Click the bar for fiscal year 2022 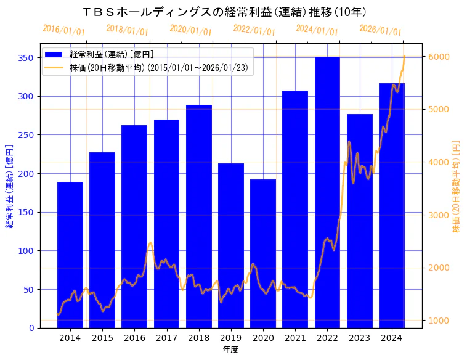click(x=327, y=192)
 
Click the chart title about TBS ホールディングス click(x=225, y=12)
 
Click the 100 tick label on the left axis click(x=26, y=251)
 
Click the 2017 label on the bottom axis click(x=166, y=338)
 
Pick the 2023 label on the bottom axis click(x=359, y=338)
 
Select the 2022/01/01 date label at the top click(x=254, y=30)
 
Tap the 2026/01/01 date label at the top click(x=380, y=30)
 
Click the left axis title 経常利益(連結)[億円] click(x=9, y=186)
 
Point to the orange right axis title click(x=457, y=186)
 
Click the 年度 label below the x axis click(x=230, y=350)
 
